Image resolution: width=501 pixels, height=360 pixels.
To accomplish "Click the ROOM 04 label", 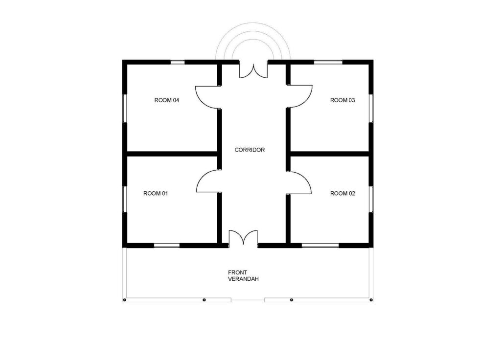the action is pyautogui.click(x=167, y=100).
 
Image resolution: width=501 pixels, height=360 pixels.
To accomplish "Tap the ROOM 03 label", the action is pyautogui.click(x=342, y=100).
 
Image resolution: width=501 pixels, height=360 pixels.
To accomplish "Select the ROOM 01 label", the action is pyautogui.click(x=156, y=194).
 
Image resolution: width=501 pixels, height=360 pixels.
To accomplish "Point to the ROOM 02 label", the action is pyautogui.click(x=342, y=194).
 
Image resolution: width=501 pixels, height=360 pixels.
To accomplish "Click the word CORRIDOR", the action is pyautogui.click(x=250, y=150).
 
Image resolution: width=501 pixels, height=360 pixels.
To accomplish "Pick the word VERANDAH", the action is pyautogui.click(x=243, y=279).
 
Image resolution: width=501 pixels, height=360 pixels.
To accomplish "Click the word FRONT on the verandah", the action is pyautogui.click(x=237, y=272).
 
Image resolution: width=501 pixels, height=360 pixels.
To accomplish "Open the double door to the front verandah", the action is pyautogui.click(x=243, y=238).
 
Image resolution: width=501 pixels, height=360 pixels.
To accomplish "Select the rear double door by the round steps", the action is pyautogui.click(x=253, y=69).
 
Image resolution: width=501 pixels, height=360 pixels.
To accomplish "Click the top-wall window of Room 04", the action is pyautogui.click(x=178, y=62).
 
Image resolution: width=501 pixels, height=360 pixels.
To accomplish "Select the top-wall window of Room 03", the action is pyautogui.click(x=328, y=62).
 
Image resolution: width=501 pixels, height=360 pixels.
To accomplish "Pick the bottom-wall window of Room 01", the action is pyautogui.click(x=167, y=246).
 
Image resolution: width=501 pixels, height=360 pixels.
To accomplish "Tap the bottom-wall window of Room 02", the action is pyautogui.click(x=320, y=246).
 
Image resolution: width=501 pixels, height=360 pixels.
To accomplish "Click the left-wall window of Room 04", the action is pyautogui.click(x=125, y=108).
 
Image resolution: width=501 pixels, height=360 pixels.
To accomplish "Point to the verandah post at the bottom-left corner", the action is pyautogui.click(x=125, y=300).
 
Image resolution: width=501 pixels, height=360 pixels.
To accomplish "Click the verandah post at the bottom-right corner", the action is pyautogui.click(x=371, y=300).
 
